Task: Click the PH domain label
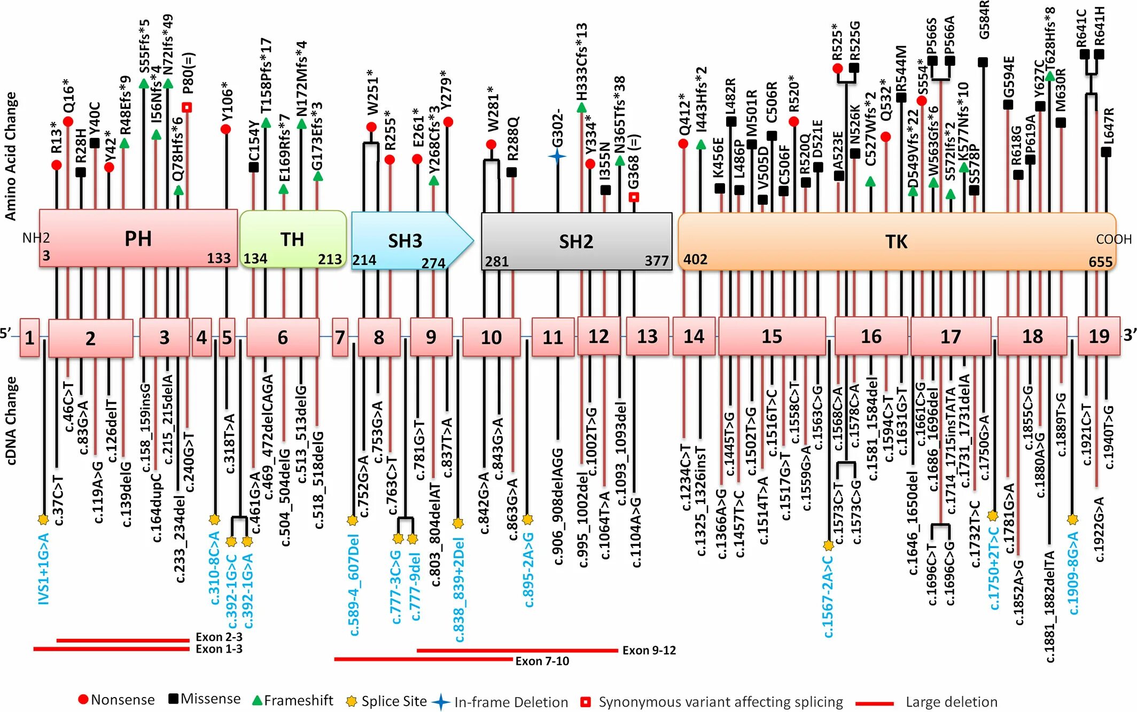coord(138,239)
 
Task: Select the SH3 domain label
coord(405,241)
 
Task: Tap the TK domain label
coord(896,242)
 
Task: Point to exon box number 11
coord(552,337)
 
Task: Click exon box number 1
coord(29,338)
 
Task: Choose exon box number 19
coord(1099,336)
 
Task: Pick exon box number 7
coord(340,337)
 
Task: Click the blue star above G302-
coord(557,156)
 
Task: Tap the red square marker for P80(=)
coord(186,107)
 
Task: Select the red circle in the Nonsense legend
coord(83,700)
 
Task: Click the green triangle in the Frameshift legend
coord(257,700)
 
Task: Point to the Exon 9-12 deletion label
coord(649,650)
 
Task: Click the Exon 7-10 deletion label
coord(542,661)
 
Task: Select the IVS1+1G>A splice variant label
coord(44,568)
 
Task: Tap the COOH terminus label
coord(1113,239)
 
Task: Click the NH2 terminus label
coord(36,238)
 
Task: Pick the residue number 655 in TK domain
coord(1100,262)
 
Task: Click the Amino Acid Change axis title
coord(11,156)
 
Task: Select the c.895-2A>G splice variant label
coord(528,569)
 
